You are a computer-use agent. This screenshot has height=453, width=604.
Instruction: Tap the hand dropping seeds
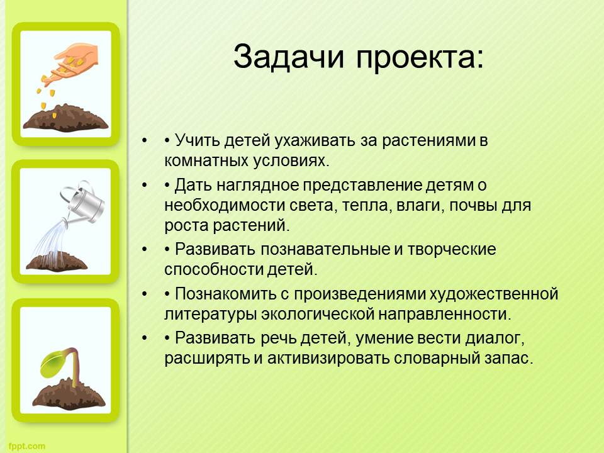(x=72, y=62)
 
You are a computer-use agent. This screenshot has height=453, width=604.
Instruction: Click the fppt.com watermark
(x=26, y=446)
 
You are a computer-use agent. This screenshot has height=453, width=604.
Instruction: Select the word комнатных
(x=206, y=160)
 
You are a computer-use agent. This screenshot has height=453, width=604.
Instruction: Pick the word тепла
(x=366, y=205)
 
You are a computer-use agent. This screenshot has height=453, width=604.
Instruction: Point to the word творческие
(x=452, y=250)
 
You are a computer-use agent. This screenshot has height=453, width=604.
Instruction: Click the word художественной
(x=494, y=294)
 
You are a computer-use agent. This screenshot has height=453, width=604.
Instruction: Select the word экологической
(x=317, y=315)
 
